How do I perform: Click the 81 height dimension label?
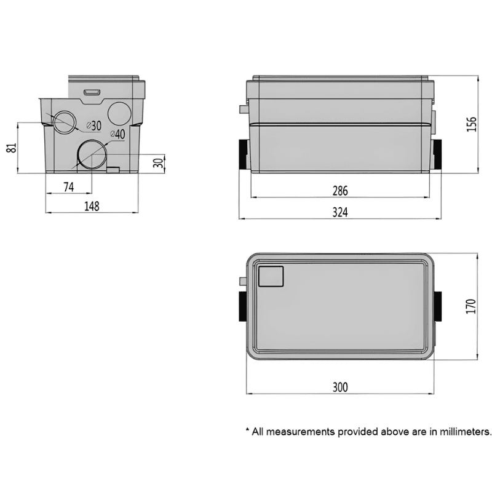pos(11,148)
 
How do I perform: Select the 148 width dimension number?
pos(91,206)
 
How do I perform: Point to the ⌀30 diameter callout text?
pos(93,125)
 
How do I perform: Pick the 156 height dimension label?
pos(471,124)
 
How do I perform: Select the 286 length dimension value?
pos(340,191)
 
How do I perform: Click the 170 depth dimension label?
pos(471,306)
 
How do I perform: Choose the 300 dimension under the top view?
pos(340,387)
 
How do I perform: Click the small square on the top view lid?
pos(270,276)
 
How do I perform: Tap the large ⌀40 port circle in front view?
pos(92,154)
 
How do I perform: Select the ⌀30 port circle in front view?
pos(63,122)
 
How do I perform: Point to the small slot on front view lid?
pos(93,92)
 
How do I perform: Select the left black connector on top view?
pos(241,306)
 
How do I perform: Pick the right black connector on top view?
pos(437,306)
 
